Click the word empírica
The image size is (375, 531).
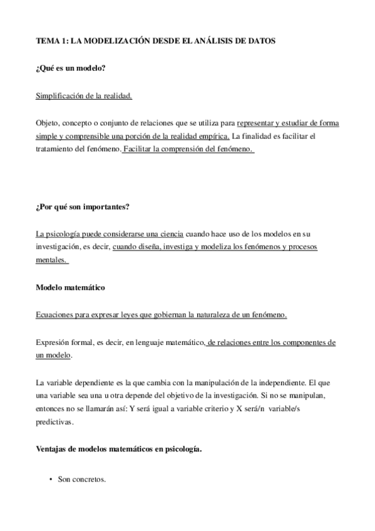coord(213,136)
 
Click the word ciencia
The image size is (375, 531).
coord(167,234)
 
